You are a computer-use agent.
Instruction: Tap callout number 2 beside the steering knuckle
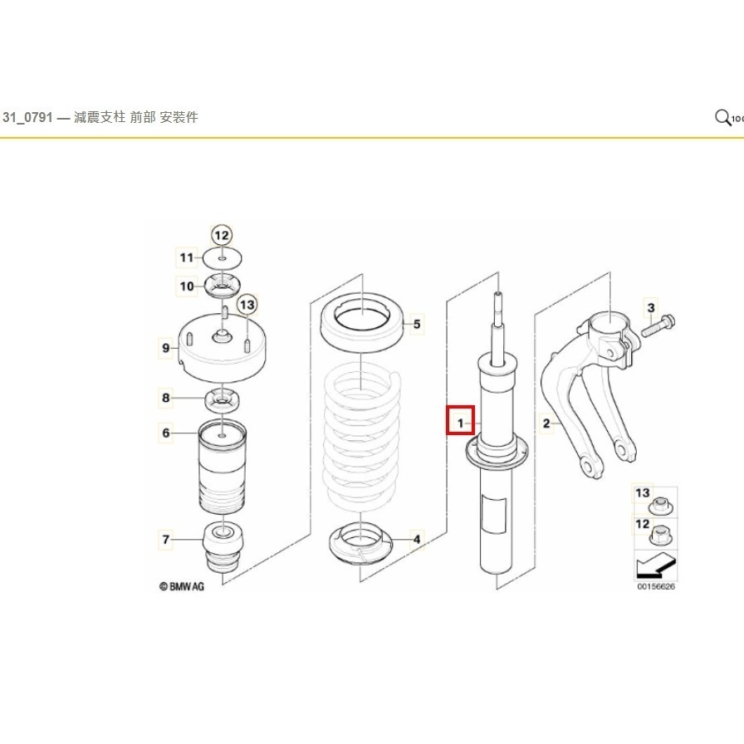pyautogui.click(x=546, y=424)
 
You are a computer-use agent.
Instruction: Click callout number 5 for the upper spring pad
pyautogui.click(x=417, y=324)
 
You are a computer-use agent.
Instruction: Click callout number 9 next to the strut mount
pyautogui.click(x=166, y=348)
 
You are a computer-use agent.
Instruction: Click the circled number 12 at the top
pyautogui.click(x=222, y=235)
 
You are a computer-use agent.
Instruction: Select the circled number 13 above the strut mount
pyautogui.click(x=247, y=306)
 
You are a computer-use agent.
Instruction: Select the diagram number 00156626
pyautogui.click(x=656, y=587)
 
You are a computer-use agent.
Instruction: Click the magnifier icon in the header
pyautogui.click(x=723, y=118)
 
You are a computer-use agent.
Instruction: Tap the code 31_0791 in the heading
pyautogui.click(x=27, y=118)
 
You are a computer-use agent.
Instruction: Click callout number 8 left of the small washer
pyautogui.click(x=166, y=399)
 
